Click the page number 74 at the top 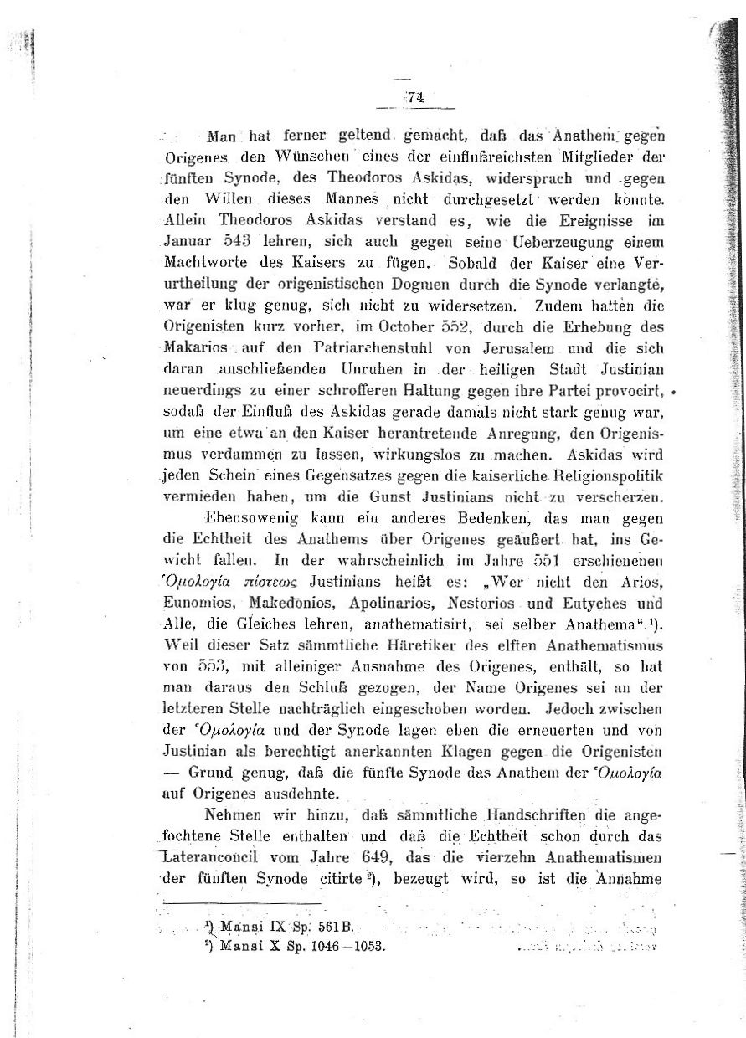click(416, 96)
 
